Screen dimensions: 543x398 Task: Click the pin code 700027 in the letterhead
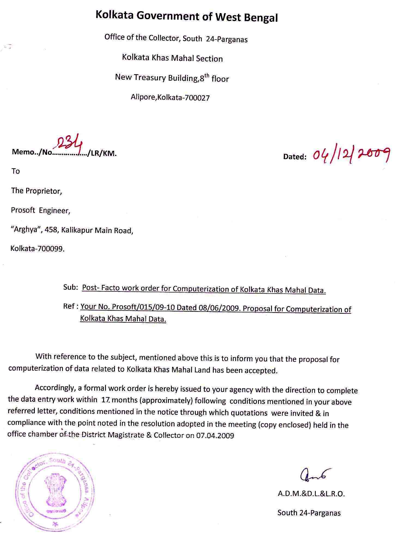[197, 98]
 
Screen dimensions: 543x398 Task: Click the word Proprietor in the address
[44, 191]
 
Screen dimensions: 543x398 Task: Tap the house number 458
[52, 230]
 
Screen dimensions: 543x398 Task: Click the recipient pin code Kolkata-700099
[38, 249]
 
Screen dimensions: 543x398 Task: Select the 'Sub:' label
[71, 287]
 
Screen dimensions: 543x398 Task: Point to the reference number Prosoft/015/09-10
[143, 307]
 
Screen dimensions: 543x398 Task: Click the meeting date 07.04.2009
[215, 435]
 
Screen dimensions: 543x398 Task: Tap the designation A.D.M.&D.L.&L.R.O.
[311, 494]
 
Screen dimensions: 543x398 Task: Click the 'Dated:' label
[295, 157]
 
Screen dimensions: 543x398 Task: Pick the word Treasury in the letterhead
[150, 77]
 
